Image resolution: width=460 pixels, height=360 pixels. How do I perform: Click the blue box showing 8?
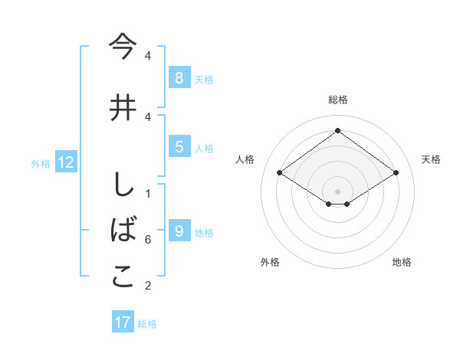pos(179,78)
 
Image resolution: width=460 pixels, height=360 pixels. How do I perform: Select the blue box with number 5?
pos(179,147)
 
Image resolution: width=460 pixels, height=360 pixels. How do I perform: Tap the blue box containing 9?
pos(179,232)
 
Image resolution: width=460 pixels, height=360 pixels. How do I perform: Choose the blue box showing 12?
pos(65,162)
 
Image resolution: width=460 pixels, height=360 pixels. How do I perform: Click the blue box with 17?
pos(123,322)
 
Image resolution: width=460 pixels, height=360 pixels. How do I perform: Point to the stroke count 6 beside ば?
pos(148,240)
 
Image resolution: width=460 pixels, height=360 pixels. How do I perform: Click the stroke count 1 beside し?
pos(148,193)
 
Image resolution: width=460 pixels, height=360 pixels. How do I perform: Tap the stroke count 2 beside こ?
pos(148,286)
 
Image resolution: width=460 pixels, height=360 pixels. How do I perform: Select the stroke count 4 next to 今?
pos(148,56)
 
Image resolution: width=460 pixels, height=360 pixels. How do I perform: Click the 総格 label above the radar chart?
pos(337,100)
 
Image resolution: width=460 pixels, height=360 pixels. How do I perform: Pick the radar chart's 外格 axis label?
pos(270,262)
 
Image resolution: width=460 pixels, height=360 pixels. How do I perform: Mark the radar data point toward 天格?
pos(396,173)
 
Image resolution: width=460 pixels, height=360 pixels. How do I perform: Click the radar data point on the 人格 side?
pos(280,173)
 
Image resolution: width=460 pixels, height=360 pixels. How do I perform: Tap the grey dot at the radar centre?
pos(337,190)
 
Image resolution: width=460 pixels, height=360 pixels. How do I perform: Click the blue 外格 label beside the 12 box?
pos(41,163)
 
